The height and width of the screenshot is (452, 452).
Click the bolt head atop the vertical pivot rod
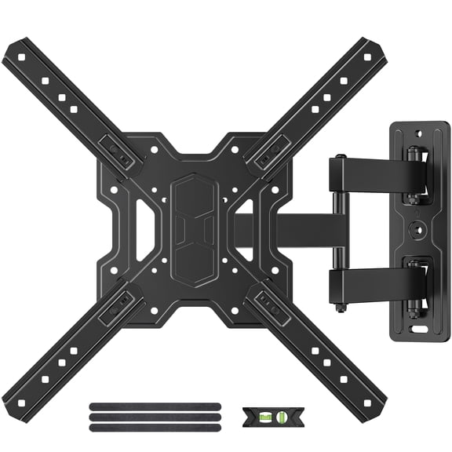[338, 159]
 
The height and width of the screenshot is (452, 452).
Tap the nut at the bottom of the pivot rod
[338, 308]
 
